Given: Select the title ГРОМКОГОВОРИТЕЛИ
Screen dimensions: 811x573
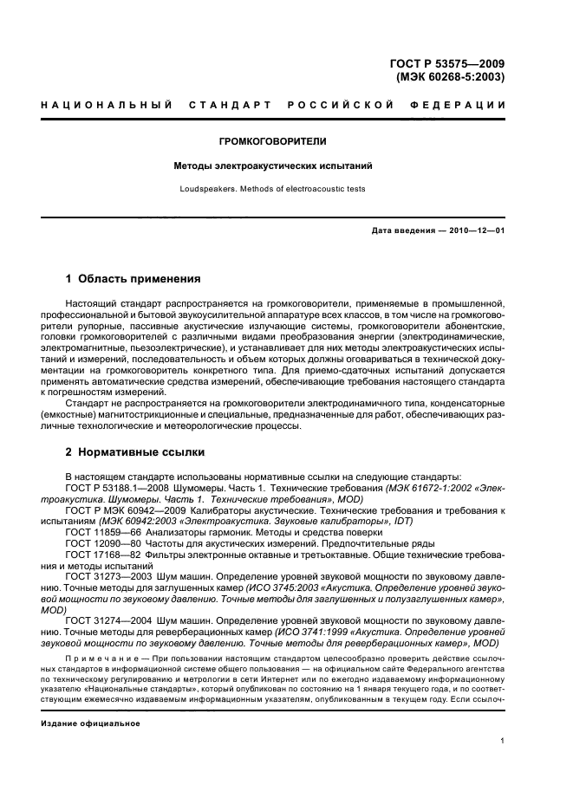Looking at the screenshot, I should coord(285,140).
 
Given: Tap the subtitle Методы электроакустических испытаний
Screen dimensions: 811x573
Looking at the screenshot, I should coord(285,166).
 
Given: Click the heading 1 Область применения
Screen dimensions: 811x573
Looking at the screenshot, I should coord(133,279).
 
